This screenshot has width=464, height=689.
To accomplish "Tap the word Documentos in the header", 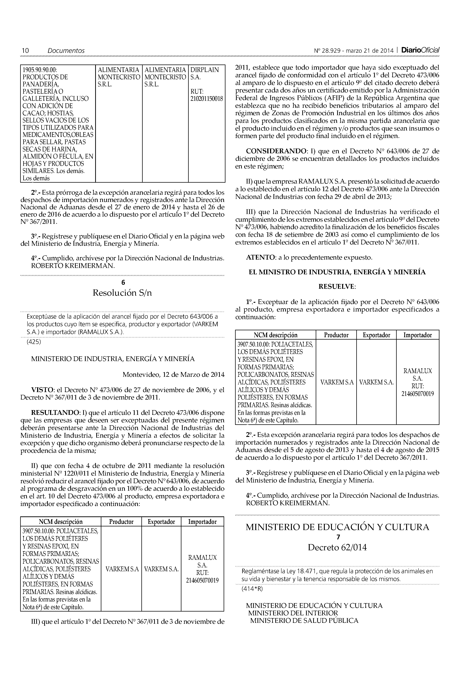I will coord(66,51).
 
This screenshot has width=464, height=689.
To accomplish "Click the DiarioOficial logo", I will coord(420,50).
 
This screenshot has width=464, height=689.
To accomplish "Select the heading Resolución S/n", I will coord(122,293).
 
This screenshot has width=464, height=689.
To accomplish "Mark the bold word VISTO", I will coord(42,390).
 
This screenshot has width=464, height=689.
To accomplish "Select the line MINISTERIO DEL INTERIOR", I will coord(293,613).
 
